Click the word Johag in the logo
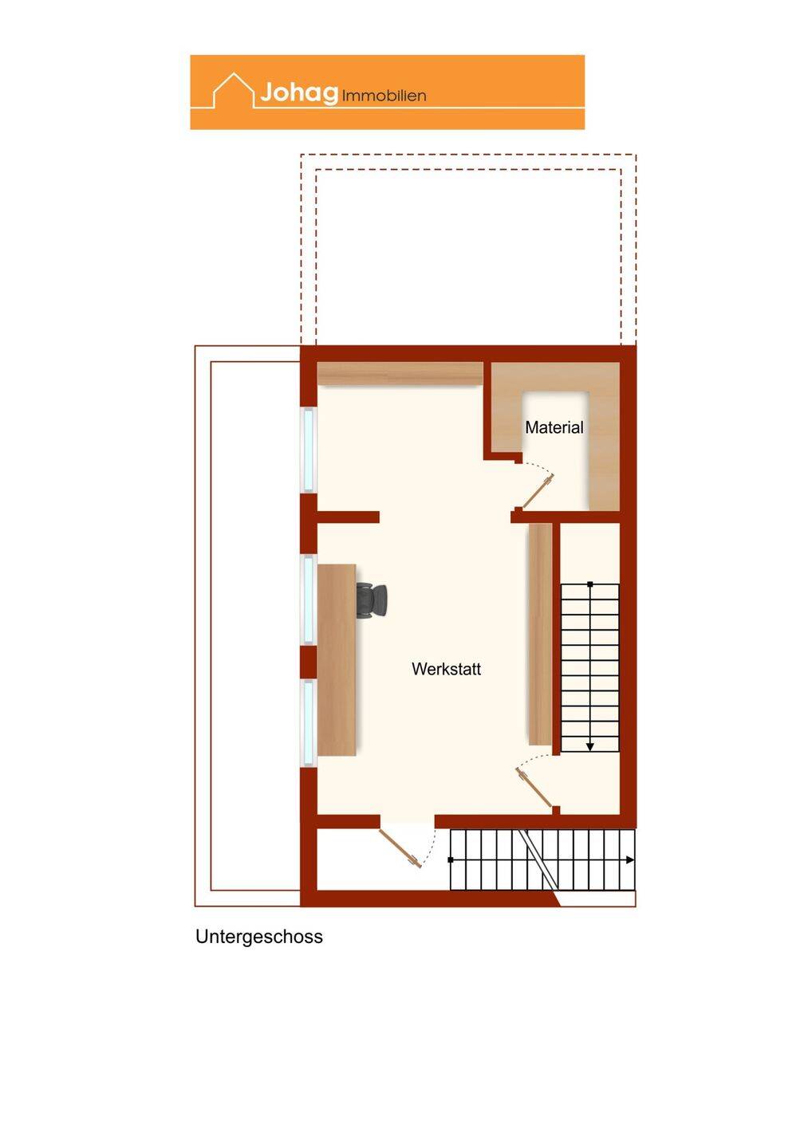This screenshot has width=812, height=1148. [x=299, y=92]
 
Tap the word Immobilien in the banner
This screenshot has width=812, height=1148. [x=384, y=96]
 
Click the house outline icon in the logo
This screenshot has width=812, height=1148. [x=234, y=90]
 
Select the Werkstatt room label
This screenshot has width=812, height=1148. [x=446, y=669]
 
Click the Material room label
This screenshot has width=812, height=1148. [x=554, y=427]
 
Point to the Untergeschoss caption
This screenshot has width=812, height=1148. [x=259, y=936]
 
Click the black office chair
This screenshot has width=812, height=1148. [x=372, y=600]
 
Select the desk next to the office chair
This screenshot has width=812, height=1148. [x=337, y=660]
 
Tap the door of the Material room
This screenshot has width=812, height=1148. [x=538, y=491]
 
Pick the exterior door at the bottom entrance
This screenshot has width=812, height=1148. [x=400, y=848]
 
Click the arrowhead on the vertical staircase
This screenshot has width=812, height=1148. [x=590, y=747]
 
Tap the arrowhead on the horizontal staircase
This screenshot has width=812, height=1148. [x=630, y=860]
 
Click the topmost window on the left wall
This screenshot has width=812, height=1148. [x=308, y=450]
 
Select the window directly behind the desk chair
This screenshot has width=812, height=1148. [x=308, y=600]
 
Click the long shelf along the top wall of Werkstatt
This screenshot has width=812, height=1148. [x=400, y=374]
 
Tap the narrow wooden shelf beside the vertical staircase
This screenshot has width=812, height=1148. [x=540, y=634]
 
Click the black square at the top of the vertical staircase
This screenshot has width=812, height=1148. [x=590, y=584]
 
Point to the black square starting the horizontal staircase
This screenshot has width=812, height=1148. [x=451, y=860]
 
